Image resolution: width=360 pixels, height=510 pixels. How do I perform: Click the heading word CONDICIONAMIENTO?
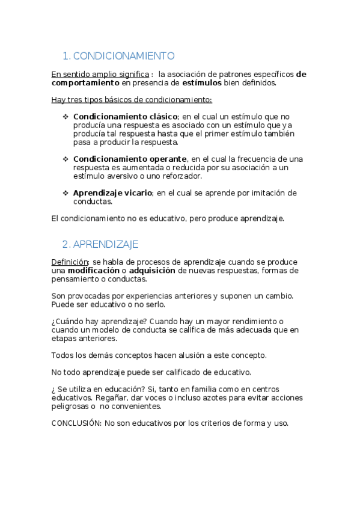[124, 56]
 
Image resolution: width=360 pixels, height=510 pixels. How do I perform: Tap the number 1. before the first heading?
[66, 56]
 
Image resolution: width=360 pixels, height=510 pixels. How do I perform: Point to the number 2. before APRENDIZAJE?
[66, 244]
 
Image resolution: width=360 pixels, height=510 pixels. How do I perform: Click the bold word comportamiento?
[85, 83]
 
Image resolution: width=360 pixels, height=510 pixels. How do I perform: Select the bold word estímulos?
[202, 83]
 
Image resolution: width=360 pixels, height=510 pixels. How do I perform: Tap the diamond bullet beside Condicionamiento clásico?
[66, 116]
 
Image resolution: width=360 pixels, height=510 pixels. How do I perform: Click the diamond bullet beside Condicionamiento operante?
[66, 159]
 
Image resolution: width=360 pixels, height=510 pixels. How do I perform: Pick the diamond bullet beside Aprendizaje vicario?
[66, 193]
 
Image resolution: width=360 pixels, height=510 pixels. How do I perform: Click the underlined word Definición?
[70, 262]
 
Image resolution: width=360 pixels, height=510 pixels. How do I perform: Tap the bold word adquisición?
[152, 271]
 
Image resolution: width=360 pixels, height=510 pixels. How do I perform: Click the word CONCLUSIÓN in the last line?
[76, 423]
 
